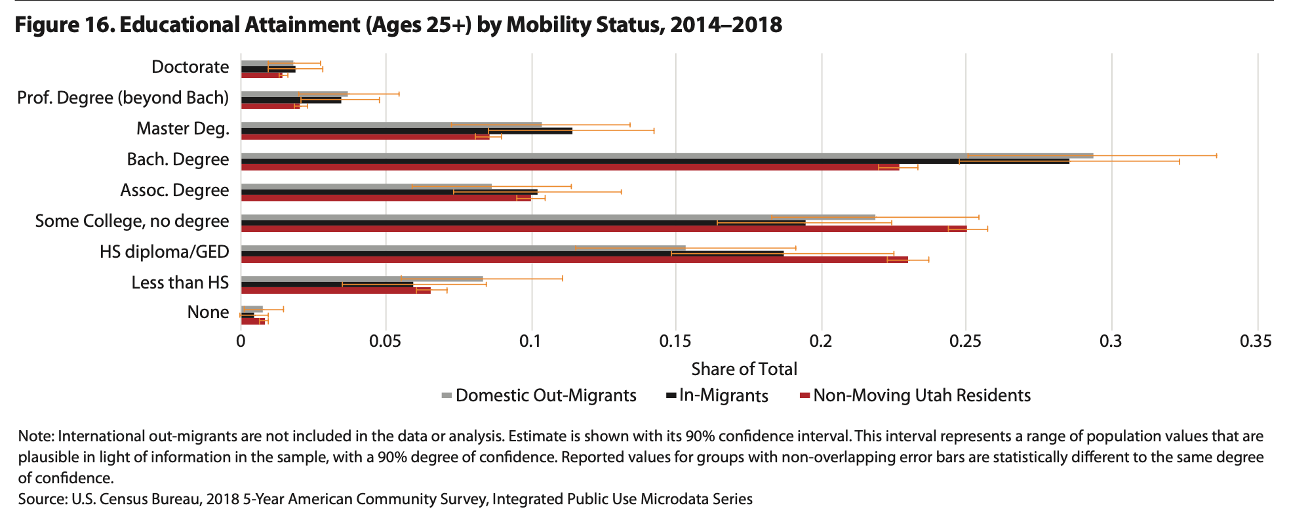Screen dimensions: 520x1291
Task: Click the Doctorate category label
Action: (190, 67)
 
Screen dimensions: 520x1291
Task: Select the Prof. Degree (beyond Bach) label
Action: (123, 98)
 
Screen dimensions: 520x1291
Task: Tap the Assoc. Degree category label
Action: (174, 190)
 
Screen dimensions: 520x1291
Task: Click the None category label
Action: (208, 312)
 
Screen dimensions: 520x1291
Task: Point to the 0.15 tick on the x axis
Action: (675, 342)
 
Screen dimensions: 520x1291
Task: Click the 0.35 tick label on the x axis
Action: (1256, 342)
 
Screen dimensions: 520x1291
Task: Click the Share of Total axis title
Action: (744, 369)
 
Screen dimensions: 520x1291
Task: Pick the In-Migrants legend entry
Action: (723, 395)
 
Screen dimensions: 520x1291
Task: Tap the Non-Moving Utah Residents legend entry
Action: (921, 395)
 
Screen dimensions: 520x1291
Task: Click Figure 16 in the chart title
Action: (64, 25)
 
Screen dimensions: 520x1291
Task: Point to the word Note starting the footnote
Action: (35, 437)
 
